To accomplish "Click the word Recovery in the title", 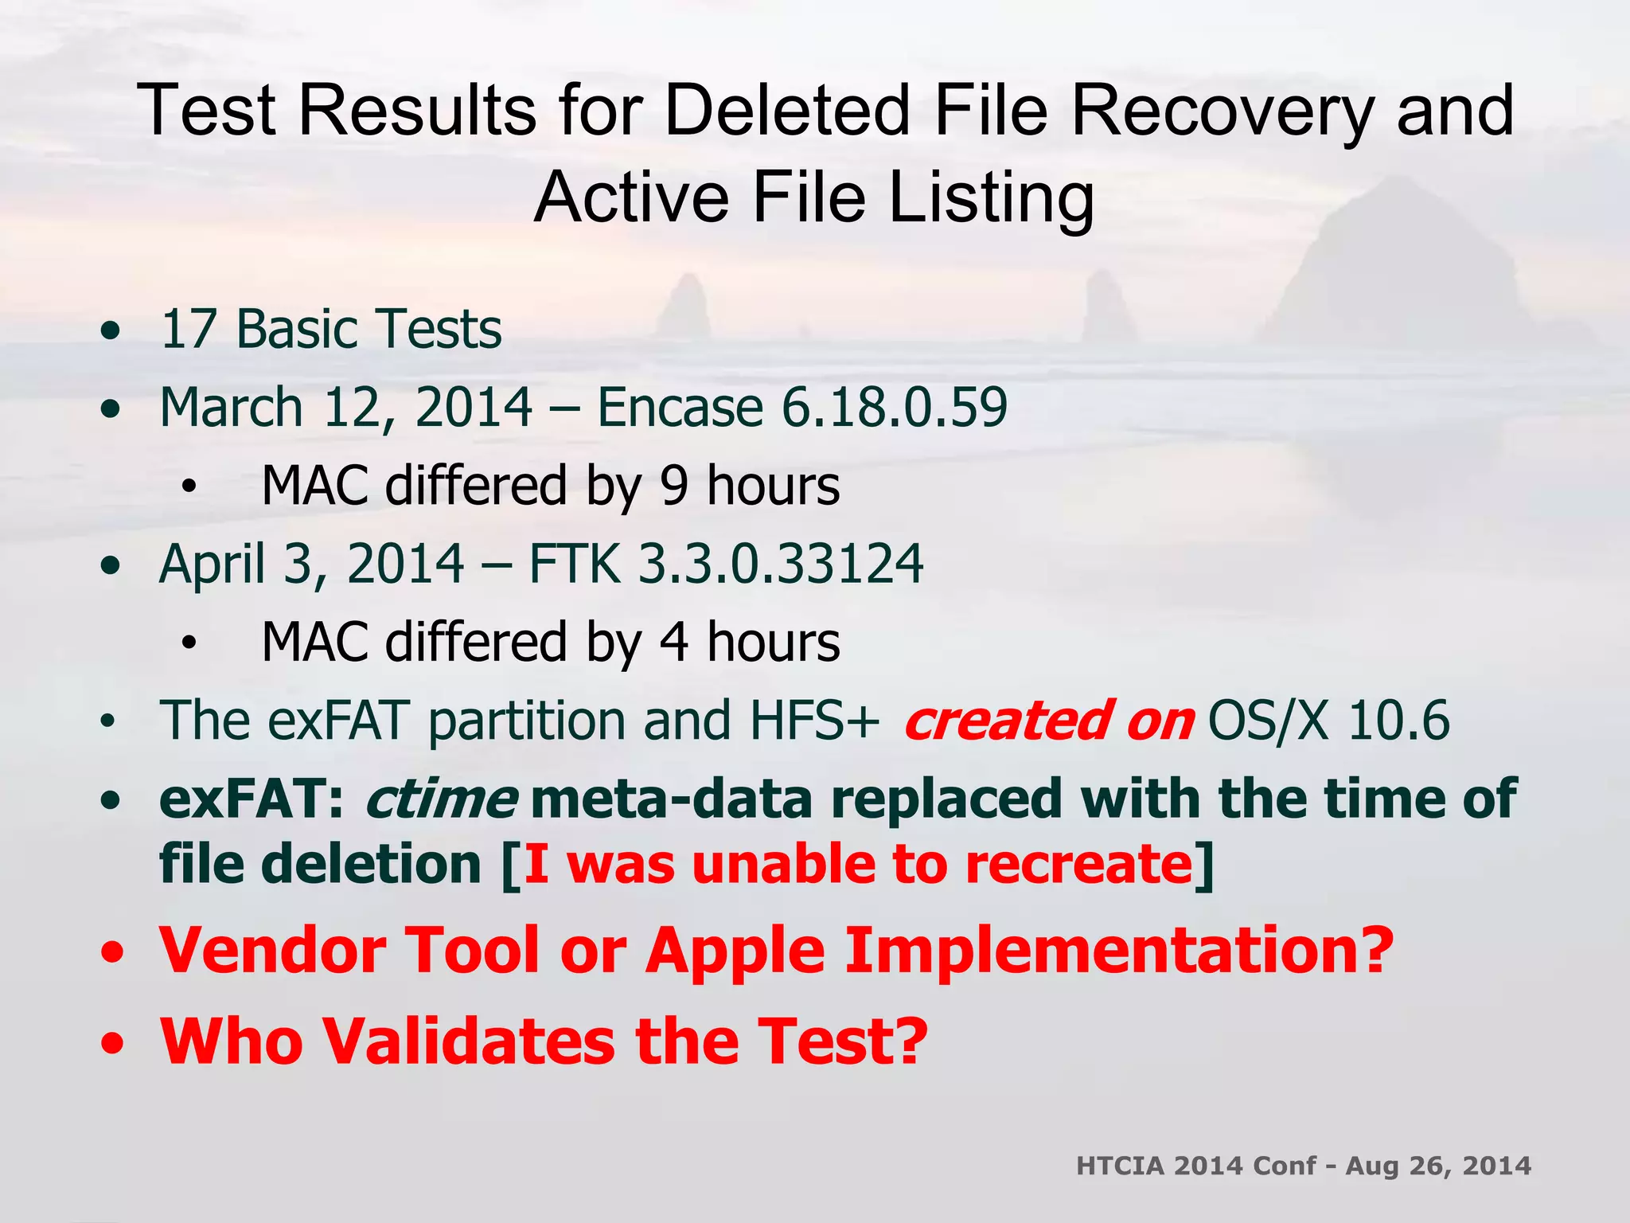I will coord(1222,111).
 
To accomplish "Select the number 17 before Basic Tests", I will coord(189,329).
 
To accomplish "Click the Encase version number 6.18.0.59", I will coord(894,407).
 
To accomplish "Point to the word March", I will coord(232,407).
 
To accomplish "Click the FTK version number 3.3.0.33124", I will coord(781,564).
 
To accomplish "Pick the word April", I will coord(211,564).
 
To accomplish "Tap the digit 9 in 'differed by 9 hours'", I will coord(673,486).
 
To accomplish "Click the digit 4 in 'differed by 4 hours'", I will coord(673,642).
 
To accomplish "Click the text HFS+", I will coord(814,721).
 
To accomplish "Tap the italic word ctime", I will coord(441,799).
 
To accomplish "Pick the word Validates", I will coord(469,1041).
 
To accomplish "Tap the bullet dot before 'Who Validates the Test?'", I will coord(112,1042).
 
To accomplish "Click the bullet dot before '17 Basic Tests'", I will coord(111,330).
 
